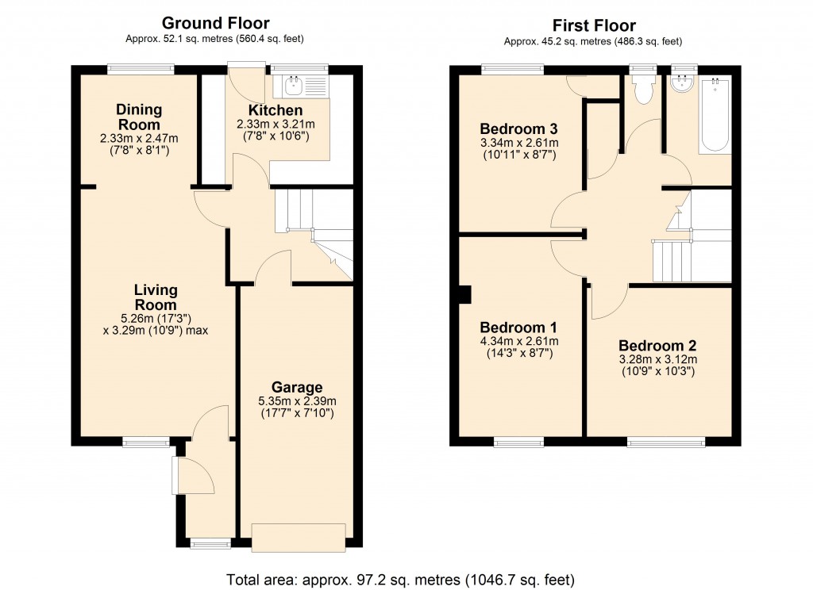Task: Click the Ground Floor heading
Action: [x=215, y=23]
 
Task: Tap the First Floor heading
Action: [x=593, y=25]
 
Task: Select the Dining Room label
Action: [x=139, y=117]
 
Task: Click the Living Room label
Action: [x=156, y=297]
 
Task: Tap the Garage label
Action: [x=297, y=387]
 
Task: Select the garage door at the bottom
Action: [x=299, y=536]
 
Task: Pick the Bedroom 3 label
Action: [x=519, y=128]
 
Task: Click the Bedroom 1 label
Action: [x=519, y=328]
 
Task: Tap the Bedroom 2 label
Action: [x=657, y=346]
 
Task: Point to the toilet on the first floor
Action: [x=641, y=89]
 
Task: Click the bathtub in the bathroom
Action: [x=715, y=115]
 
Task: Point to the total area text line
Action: [x=400, y=578]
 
